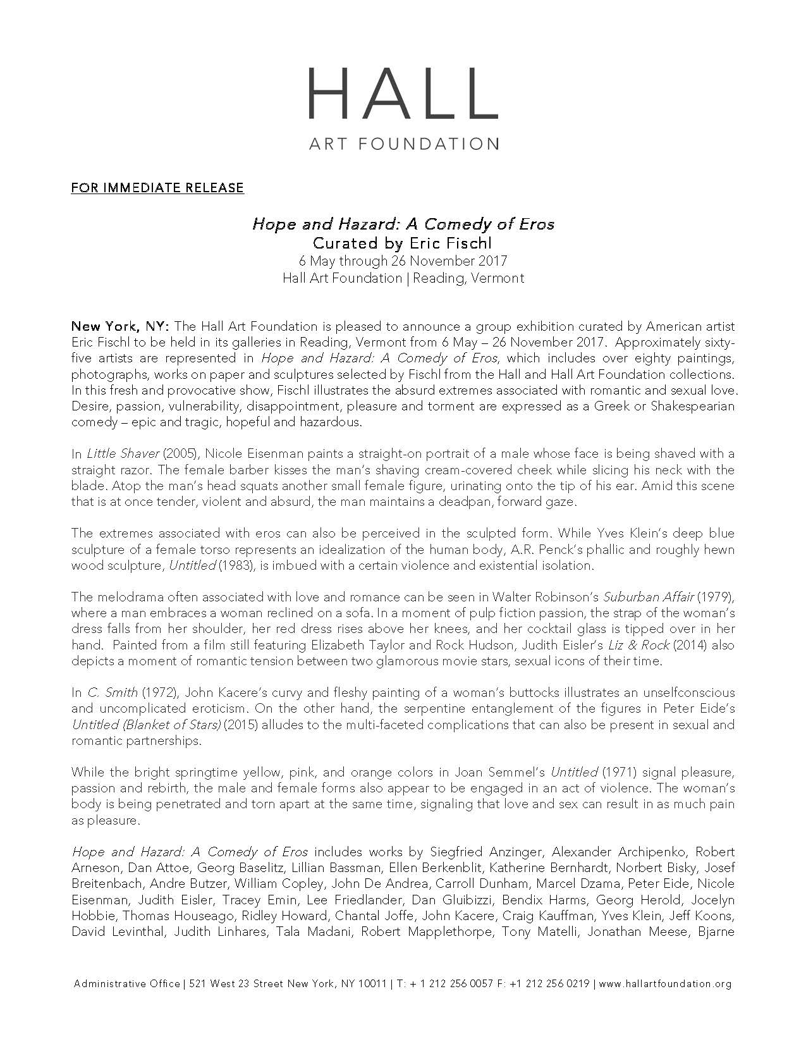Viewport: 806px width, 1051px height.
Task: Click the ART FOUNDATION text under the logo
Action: coord(403,144)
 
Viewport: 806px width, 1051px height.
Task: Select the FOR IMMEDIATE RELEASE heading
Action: coord(157,188)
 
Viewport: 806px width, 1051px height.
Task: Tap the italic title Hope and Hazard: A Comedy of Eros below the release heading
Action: coord(403,224)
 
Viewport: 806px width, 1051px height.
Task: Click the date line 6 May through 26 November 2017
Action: coord(403,261)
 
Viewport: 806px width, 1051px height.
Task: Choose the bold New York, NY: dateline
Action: coord(120,326)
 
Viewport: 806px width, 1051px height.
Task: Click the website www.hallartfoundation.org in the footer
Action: coord(664,1002)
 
